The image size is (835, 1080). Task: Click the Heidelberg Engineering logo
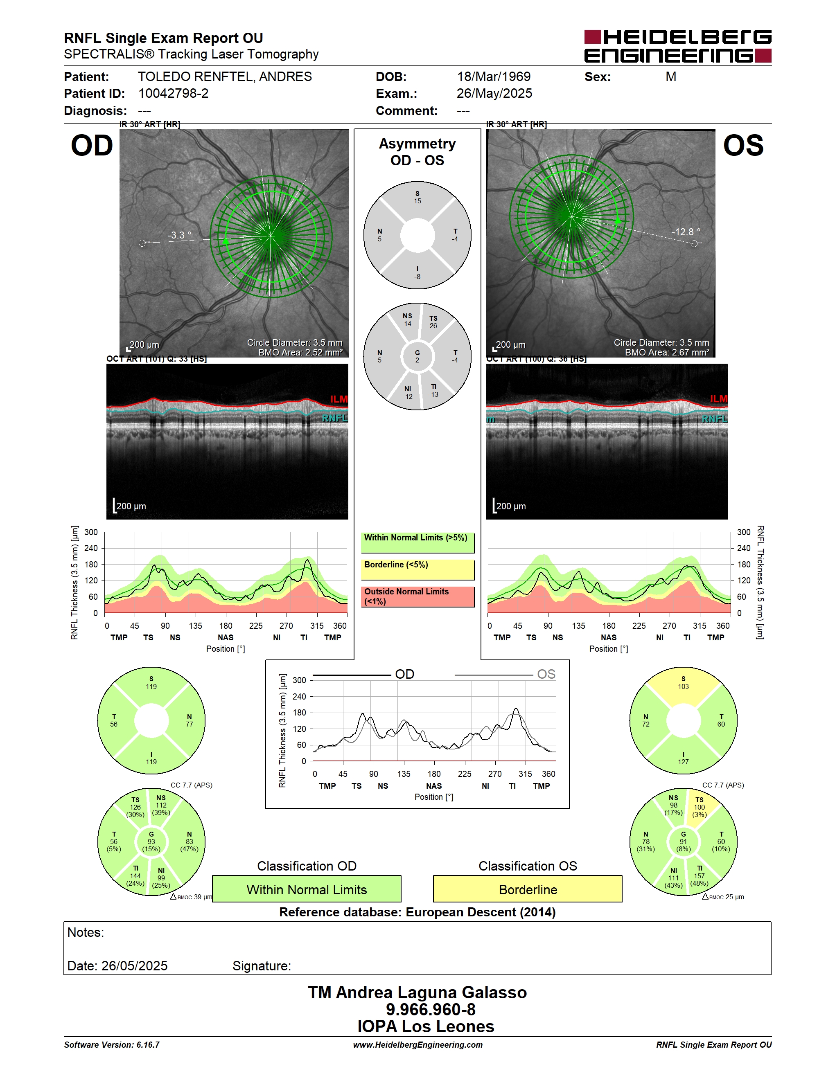pyautogui.click(x=678, y=46)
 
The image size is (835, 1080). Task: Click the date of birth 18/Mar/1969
pyautogui.click(x=494, y=76)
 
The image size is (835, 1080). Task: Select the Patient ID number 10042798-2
pyautogui.click(x=173, y=93)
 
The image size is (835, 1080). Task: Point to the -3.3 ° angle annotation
pyautogui.click(x=179, y=235)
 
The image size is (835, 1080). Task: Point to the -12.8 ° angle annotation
pyautogui.click(x=686, y=232)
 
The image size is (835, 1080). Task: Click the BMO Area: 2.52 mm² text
pyautogui.click(x=300, y=353)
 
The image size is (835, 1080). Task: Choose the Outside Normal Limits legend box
pyautogui.click(x=417, y=596)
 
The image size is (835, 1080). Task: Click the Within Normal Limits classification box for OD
pyautogui.click(x=307, y=889)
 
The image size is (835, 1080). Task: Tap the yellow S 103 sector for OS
pyautogui.click(x=683, y=684)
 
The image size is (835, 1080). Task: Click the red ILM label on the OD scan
pyautogui.click(x=339, y=399)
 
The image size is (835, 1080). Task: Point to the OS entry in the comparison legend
pyautogui.click(x=546, y=674)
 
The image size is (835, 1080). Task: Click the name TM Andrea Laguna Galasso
pyautogui.click(x=417, y=992)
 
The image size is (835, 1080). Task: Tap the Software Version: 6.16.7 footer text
pyautogui.click(x=112, y=1045)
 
